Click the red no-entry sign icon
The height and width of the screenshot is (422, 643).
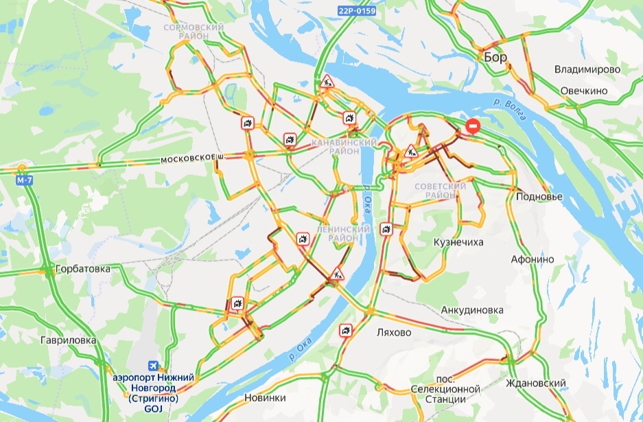click(x=474, y=126)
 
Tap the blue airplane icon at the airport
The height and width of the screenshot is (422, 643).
click(x=154, y=366)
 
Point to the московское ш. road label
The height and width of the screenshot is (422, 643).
click(x=194, y=159)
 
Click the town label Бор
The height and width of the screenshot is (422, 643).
click(x=495, y=58)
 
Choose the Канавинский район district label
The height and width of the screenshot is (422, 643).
click(x=344, y=146)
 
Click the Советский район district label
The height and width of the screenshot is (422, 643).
click(x=441, y=191)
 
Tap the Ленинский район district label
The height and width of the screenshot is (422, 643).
click(x=338, y=233)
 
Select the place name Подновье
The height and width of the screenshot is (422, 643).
click(x=539, y=197)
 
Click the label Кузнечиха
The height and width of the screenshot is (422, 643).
click(x=460, y=243)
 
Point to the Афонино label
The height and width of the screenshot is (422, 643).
click(x=533, y=259)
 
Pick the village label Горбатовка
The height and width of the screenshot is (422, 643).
click(x=83, y=269)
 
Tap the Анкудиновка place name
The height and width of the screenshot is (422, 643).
click(x=472, y=310)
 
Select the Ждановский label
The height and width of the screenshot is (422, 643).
click(x=535, y=383)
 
